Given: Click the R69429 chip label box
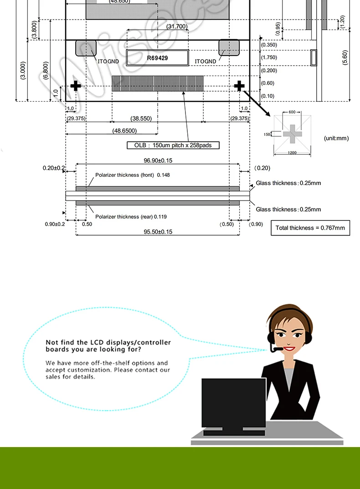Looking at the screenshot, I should point(157,58).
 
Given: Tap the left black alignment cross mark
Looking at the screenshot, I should point(76,86).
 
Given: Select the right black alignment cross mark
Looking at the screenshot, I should point(239,86).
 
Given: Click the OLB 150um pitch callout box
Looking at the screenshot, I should point(173,145).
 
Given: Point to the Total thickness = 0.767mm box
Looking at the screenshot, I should point(310,227).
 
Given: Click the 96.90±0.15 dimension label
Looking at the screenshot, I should point(158,160).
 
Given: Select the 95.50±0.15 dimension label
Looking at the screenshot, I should point(158,232).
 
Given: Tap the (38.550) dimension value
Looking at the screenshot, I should point(141,118).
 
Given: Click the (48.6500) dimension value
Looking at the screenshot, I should point(124,131).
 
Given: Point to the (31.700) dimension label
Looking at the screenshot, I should point(177,26).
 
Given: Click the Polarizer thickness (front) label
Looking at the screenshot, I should point(132,175).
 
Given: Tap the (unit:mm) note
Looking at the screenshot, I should point(336,138).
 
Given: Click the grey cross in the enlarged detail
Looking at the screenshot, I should point(292,134).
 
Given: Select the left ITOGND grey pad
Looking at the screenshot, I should point(86,48).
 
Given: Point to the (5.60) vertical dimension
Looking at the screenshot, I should point(345,57).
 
